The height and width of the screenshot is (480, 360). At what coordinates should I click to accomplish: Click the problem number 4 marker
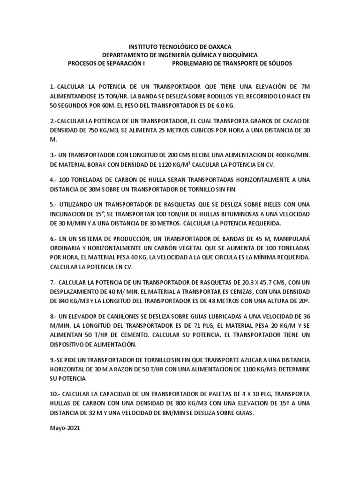pyautogui.click(x=52, y=180)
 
